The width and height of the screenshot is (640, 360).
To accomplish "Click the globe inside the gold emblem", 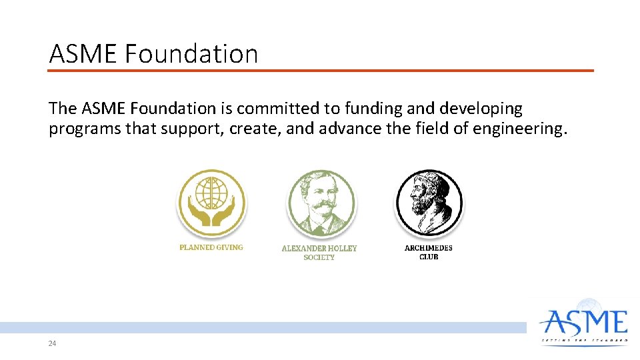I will tap(211, 193).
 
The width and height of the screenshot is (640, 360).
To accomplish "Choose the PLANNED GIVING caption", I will tap(211, 247).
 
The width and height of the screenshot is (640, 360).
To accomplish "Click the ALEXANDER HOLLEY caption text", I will tap(319, 248).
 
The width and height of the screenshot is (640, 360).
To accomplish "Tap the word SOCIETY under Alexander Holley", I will tap(319, 257).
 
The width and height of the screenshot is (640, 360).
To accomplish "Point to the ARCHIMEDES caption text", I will tap(429, 248).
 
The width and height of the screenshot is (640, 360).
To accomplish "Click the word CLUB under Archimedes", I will tap(429, 257).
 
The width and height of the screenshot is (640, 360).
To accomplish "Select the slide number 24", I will tap(52, 344).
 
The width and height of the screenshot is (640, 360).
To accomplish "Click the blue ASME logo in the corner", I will tap(584, 324).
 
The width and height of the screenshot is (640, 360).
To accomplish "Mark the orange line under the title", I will tap(320, 70).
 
